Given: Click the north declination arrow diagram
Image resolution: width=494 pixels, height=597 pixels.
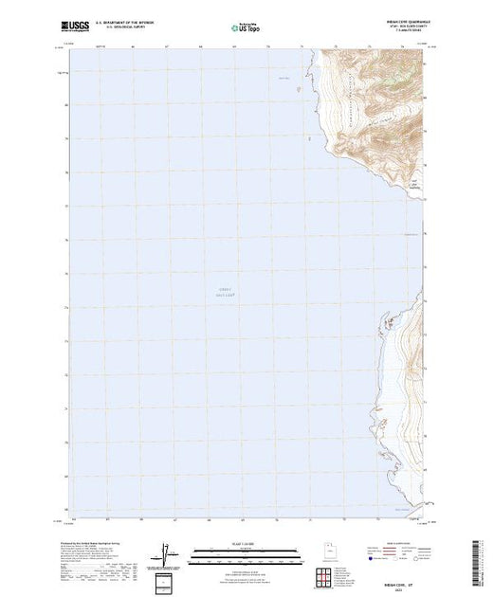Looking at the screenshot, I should pyautogui.click(x=167, y=552).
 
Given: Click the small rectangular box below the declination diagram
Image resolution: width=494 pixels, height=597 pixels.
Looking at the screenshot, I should pyautogui.click(x=167, y=579).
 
